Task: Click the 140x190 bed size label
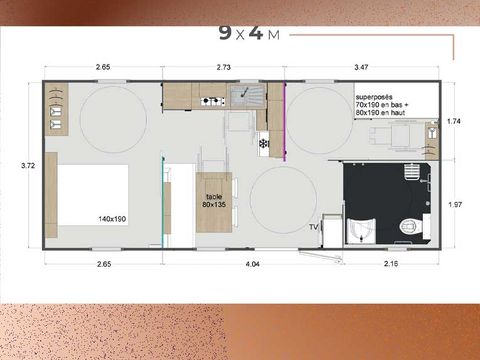[x=112, y=217]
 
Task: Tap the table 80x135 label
[x=215, y=200]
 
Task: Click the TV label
[x=313, y=228]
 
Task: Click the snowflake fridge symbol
[x=264, y=144]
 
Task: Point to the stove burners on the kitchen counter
[x=211, y=101]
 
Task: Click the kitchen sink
[x=243, y=95]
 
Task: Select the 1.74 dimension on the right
[x=454, y=120]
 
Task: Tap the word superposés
[x=375, y=97]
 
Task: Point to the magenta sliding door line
[x=284, y=118]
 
